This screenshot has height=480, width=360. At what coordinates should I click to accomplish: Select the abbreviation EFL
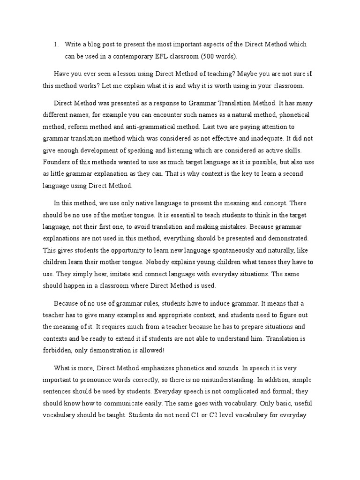point(162,56)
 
